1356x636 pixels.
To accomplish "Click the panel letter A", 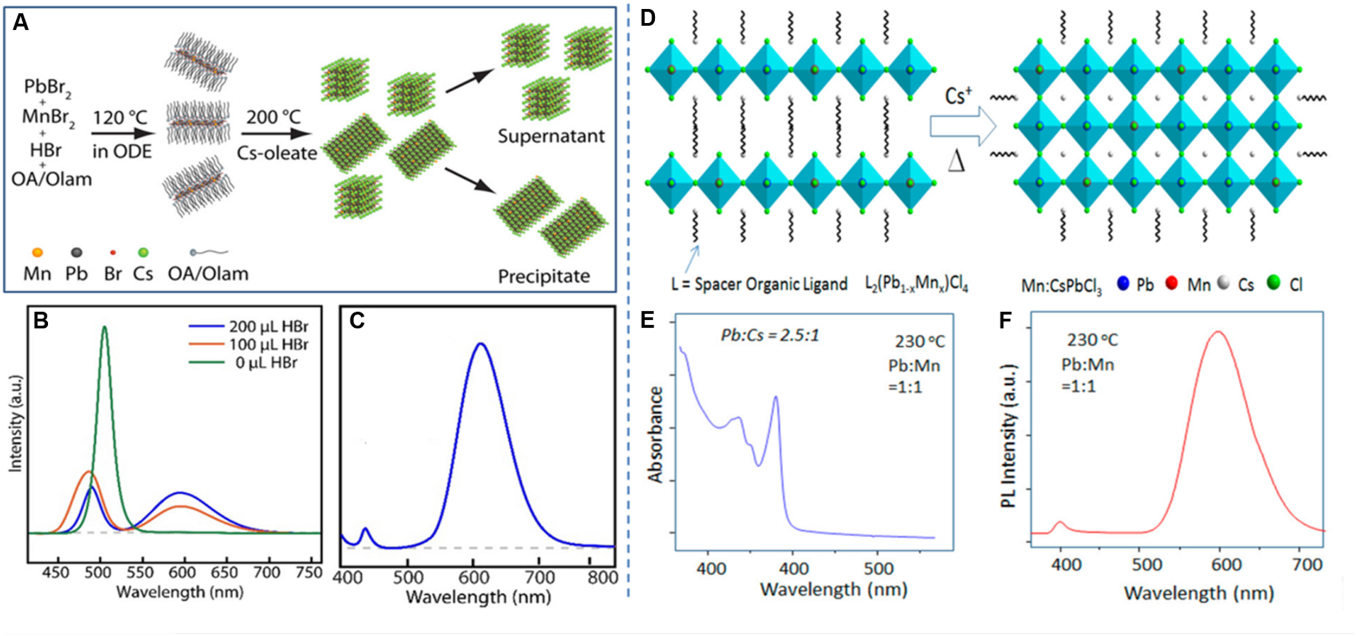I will [20, 23].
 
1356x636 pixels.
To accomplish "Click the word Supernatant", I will [551, 136].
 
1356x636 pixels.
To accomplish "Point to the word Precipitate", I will [543, 276].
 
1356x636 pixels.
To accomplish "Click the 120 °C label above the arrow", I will [120, 118].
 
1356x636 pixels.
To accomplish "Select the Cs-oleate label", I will [277, 153].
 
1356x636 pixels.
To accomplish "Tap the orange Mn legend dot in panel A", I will [37, 252].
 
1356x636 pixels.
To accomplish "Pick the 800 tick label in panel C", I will [602, 577].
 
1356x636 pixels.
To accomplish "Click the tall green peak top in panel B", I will [105, 327].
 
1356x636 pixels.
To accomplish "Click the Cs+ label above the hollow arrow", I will [958, 96].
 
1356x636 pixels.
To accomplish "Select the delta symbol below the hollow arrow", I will [956, 161].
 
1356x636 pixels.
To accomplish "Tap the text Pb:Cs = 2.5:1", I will [770, 335].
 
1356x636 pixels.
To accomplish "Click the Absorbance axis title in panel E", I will [656, 434].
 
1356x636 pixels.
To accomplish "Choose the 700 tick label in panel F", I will [1307, 565].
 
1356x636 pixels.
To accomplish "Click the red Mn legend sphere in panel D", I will [1171, 283].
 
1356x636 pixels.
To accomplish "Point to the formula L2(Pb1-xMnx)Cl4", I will [916, 284].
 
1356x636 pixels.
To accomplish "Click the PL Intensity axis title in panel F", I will [1008, 436].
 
